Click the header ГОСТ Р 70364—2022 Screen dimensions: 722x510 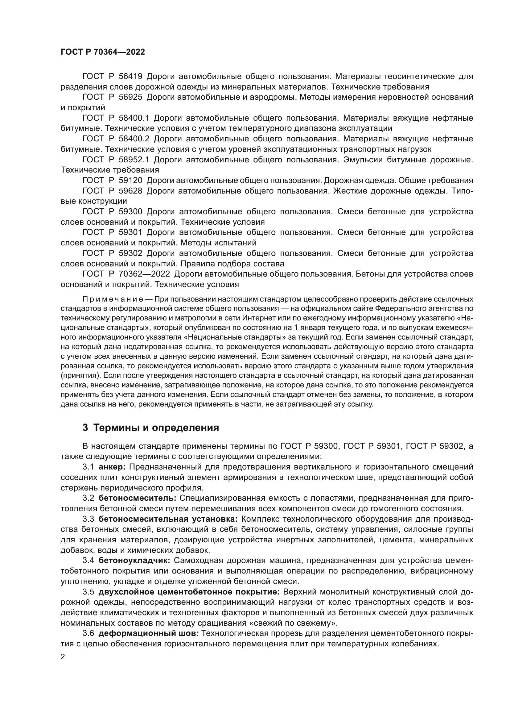point(103,52)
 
